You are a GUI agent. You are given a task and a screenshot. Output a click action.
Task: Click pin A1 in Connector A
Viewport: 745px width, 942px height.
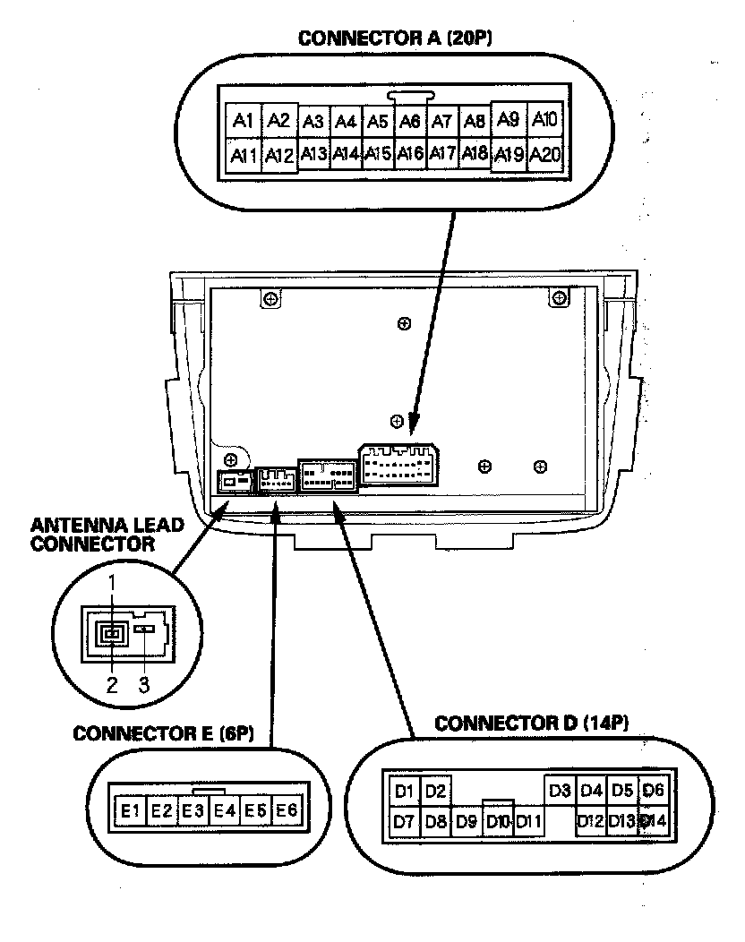click(243, 121)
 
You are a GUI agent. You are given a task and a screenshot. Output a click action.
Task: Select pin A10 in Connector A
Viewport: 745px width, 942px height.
click(544, 120)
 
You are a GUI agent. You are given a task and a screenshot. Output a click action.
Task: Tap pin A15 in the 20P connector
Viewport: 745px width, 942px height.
click(378, 154)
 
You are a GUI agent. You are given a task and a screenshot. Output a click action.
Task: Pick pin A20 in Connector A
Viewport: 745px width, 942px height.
click(544, 156)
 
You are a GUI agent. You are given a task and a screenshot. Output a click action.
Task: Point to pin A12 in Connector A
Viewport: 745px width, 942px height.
click(279, 156)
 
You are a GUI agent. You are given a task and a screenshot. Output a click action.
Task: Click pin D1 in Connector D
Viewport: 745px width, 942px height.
click(404, 791)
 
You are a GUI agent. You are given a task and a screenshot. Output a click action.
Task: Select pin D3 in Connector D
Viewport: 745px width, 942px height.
click(560, 791)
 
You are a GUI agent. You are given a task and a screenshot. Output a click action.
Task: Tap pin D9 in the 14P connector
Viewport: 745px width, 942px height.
click(467, 820)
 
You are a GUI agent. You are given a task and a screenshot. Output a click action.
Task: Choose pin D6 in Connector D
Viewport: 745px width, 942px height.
click(655, 791)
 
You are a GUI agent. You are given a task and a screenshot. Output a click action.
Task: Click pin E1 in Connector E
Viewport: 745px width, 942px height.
click(131, 811)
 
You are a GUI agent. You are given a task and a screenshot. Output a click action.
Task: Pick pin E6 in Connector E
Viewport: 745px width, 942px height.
click(286, 811)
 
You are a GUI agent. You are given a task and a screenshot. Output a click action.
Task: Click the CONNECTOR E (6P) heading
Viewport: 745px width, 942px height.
click(164, 733)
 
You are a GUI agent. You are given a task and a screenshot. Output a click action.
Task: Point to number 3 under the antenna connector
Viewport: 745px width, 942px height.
click(144, 685)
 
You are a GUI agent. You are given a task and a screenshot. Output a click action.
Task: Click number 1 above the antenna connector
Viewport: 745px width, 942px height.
click(112, 583)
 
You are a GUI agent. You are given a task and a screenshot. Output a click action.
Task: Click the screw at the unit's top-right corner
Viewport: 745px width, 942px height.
click(558, 297)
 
